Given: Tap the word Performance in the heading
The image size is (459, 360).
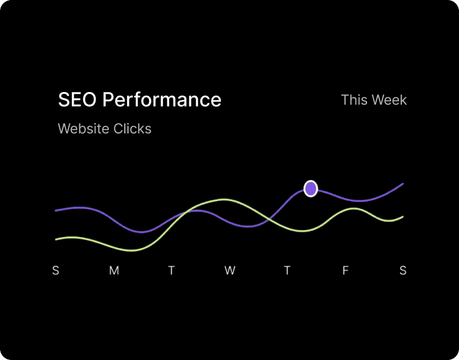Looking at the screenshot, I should pos(162,99).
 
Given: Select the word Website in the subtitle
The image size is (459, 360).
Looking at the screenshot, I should pos(83,128).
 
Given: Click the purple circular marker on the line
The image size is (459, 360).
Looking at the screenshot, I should pos(311,188).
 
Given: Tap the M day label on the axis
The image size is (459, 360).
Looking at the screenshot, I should pos(114,270).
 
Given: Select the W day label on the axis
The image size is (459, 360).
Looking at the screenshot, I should pos(229,270).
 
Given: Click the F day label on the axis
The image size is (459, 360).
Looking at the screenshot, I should pos(346,270).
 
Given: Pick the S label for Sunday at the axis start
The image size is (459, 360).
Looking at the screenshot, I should pos(56,270).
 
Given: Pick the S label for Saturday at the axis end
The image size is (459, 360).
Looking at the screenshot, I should pos(403,270).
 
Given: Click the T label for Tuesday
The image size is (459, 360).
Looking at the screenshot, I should pos(171,270).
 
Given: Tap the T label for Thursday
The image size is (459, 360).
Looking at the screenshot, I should pos(287,270).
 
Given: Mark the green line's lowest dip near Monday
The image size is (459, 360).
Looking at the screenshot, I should pos(131,251).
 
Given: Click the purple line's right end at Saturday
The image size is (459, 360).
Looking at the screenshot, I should pos(403,184).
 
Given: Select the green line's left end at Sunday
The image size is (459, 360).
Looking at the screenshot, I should pos(56,239).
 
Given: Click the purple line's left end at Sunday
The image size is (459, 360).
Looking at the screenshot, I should pos(56,210).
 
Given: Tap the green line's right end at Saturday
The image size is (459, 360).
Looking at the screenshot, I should pos(403,217).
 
